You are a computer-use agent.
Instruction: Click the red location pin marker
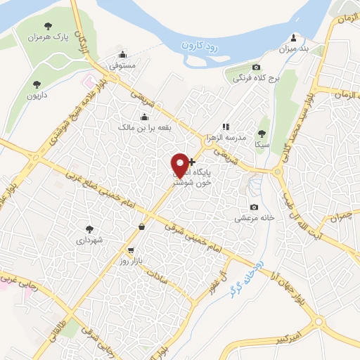pos(181,164)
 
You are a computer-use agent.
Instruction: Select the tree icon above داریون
pos(32,80)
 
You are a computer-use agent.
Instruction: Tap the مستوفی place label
pos(122,65)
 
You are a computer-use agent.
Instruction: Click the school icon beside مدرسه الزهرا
pos(224,127)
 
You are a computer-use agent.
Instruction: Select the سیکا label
pos(262,143)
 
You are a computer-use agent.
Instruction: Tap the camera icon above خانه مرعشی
pos(254,207)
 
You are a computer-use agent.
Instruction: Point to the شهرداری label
pos(90,240)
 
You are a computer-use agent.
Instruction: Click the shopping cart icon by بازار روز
pos(130,250)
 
